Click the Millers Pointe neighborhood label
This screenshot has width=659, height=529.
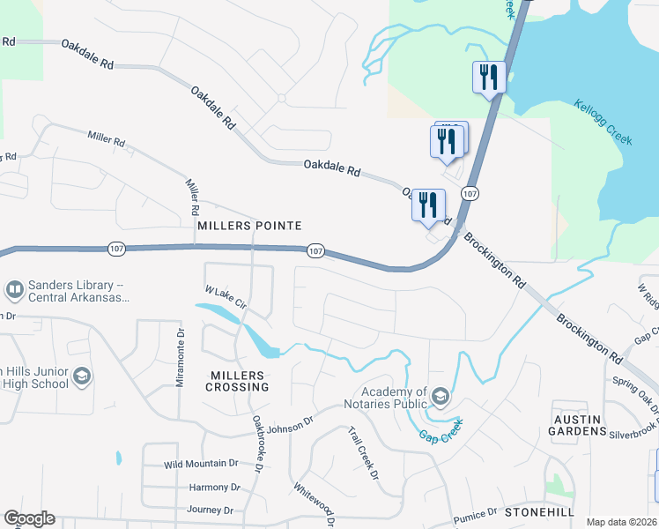click(x=249, y=226)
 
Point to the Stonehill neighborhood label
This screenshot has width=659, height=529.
click(x=540, y=512)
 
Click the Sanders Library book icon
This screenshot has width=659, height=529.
click(x=15, y=289)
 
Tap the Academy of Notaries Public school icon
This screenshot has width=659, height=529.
click(x=439, y=398)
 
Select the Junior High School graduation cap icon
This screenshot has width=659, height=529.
click(x=82, y=376)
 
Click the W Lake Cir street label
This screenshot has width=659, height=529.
click(x=225, y=298)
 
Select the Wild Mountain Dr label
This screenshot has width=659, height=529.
click(x=202, y=463)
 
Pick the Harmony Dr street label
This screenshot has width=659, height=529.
click(x=214, y=487)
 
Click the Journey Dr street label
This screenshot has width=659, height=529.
click(x=210, y=510)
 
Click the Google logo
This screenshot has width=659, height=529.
click(x=29, y=518)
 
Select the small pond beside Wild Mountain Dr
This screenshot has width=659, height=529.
click(x=117, y=458)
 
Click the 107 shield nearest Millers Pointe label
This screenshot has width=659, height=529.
click(x=316, y=252)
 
